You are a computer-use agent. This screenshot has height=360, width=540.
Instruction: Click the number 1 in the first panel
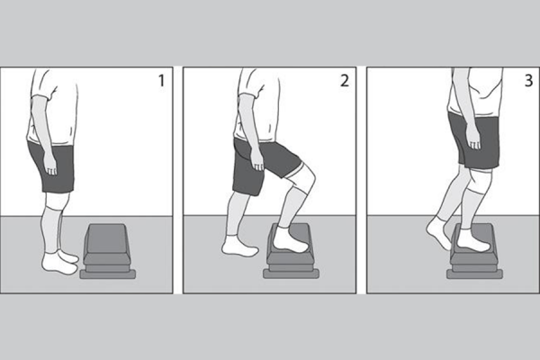tap(161, 81)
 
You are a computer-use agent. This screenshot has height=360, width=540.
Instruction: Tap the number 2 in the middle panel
tap(345, 81)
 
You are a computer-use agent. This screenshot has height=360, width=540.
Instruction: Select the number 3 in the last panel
tap(528, 81)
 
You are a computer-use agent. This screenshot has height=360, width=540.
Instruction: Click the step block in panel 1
tap(108, 251)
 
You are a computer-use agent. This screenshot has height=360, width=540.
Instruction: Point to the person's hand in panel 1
tap(50, 165)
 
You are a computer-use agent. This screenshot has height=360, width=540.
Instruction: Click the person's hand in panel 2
tap(256, 160)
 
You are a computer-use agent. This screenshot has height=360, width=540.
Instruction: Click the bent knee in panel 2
tap(308, 179)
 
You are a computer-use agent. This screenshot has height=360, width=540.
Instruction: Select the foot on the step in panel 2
tap(290, 239)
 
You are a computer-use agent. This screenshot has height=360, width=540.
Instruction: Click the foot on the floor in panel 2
tap(239, 246)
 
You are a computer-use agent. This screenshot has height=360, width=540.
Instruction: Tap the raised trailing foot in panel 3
tap(438, 232)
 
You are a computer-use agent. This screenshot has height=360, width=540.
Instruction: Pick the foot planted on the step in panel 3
tap(472, 240)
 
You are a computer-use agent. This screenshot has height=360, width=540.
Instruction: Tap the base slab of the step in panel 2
tap(292, 274)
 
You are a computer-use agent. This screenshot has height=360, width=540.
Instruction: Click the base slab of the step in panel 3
tap(474, 274)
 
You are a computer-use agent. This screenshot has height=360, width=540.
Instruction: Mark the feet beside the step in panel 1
tap(60, 263)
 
